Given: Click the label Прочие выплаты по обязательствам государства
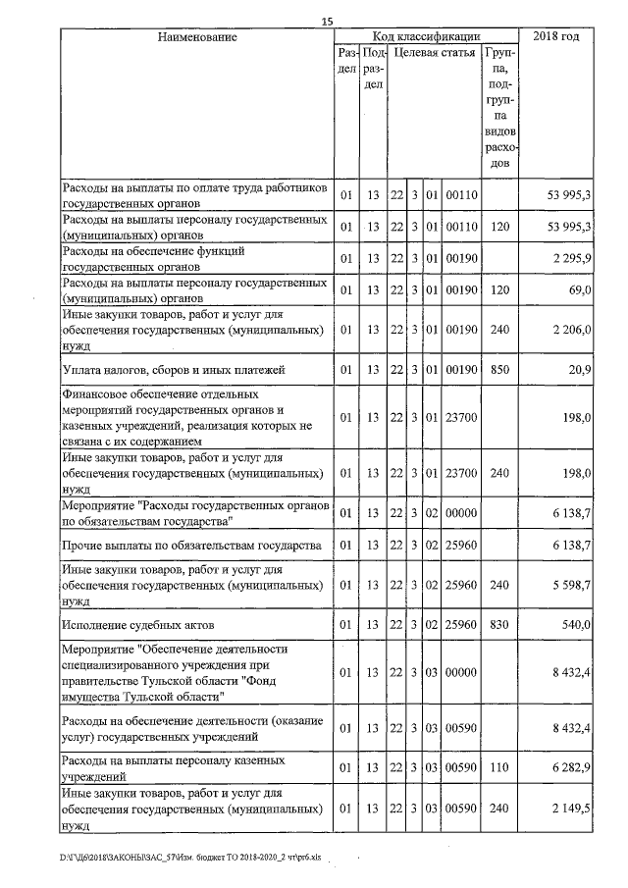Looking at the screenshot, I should click(x=192, y=545).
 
